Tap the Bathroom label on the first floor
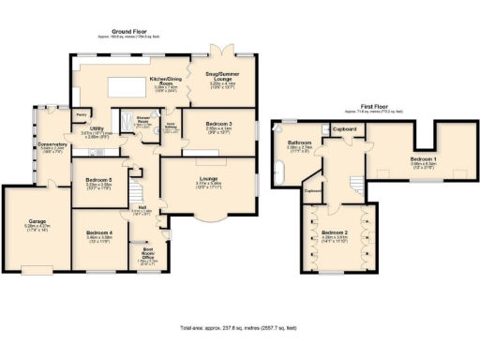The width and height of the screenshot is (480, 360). coord(298,143)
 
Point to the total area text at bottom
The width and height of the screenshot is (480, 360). coord(240,327)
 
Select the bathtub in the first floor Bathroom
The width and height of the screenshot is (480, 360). coord(278,169)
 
